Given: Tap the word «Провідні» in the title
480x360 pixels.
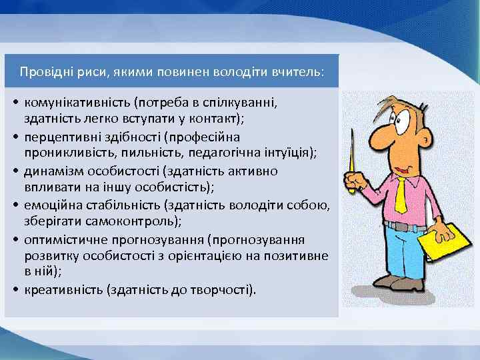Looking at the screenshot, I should click(x=43, y=71).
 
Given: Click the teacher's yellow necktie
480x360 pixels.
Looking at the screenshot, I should click(x=400, y=193).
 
